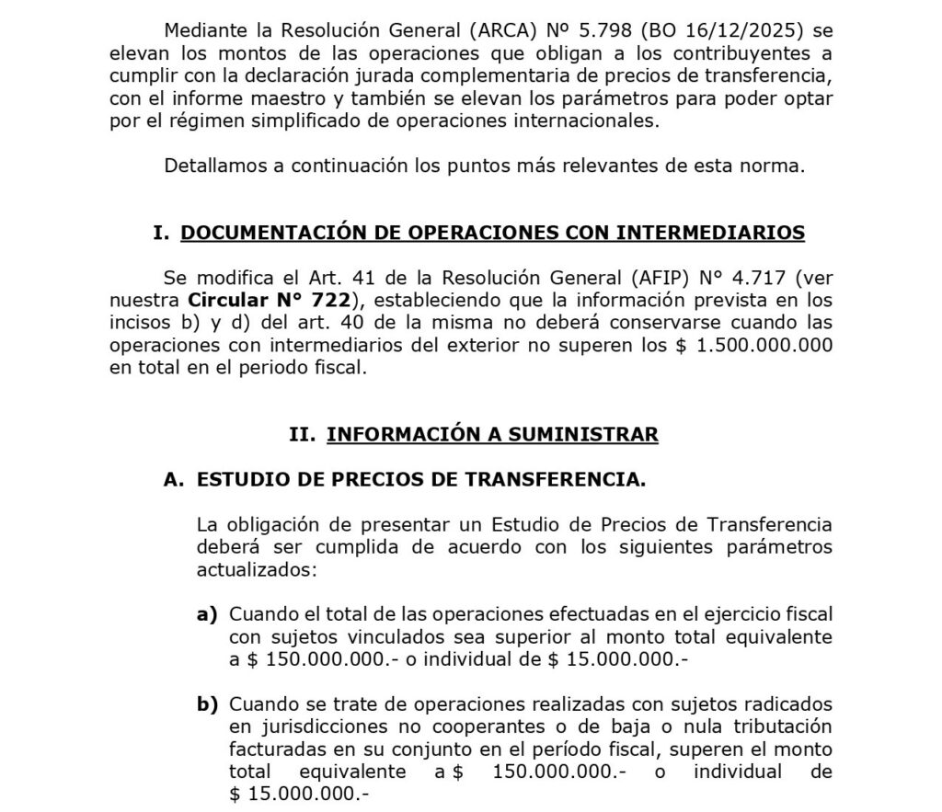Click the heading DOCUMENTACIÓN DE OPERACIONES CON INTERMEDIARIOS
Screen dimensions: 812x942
[492, 234]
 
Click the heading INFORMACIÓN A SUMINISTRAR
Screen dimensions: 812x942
[492, 434]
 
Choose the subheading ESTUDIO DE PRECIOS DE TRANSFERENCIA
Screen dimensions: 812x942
[421, 479]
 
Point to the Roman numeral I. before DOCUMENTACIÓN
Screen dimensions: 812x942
[161, 234]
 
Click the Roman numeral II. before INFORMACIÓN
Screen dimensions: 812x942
[303, 434]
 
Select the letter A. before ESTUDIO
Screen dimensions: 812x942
[175, 479]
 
